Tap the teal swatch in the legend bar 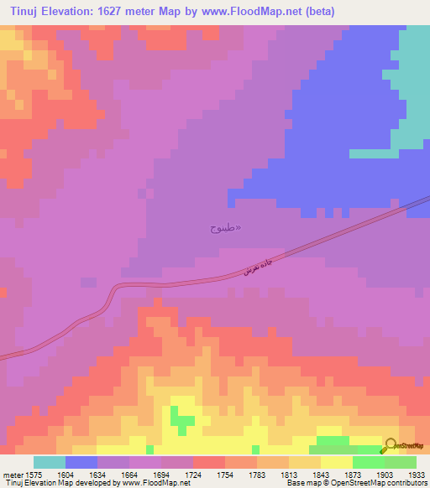pos(50,462)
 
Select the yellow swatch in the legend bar pos(337,462)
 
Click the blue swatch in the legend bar pos(81,462)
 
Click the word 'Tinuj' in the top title pos(27,12)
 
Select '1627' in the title pos(130,12)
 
